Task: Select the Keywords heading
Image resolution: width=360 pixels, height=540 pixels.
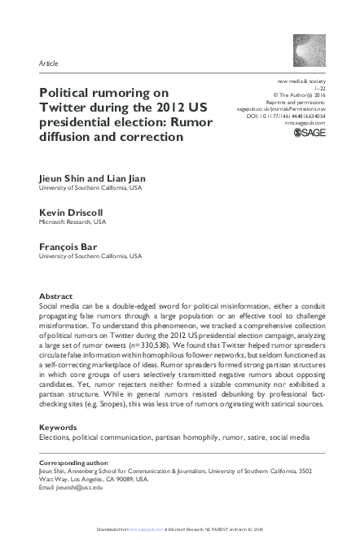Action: coord(59,427)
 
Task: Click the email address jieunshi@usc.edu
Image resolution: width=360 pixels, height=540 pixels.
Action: coord(80,487)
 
